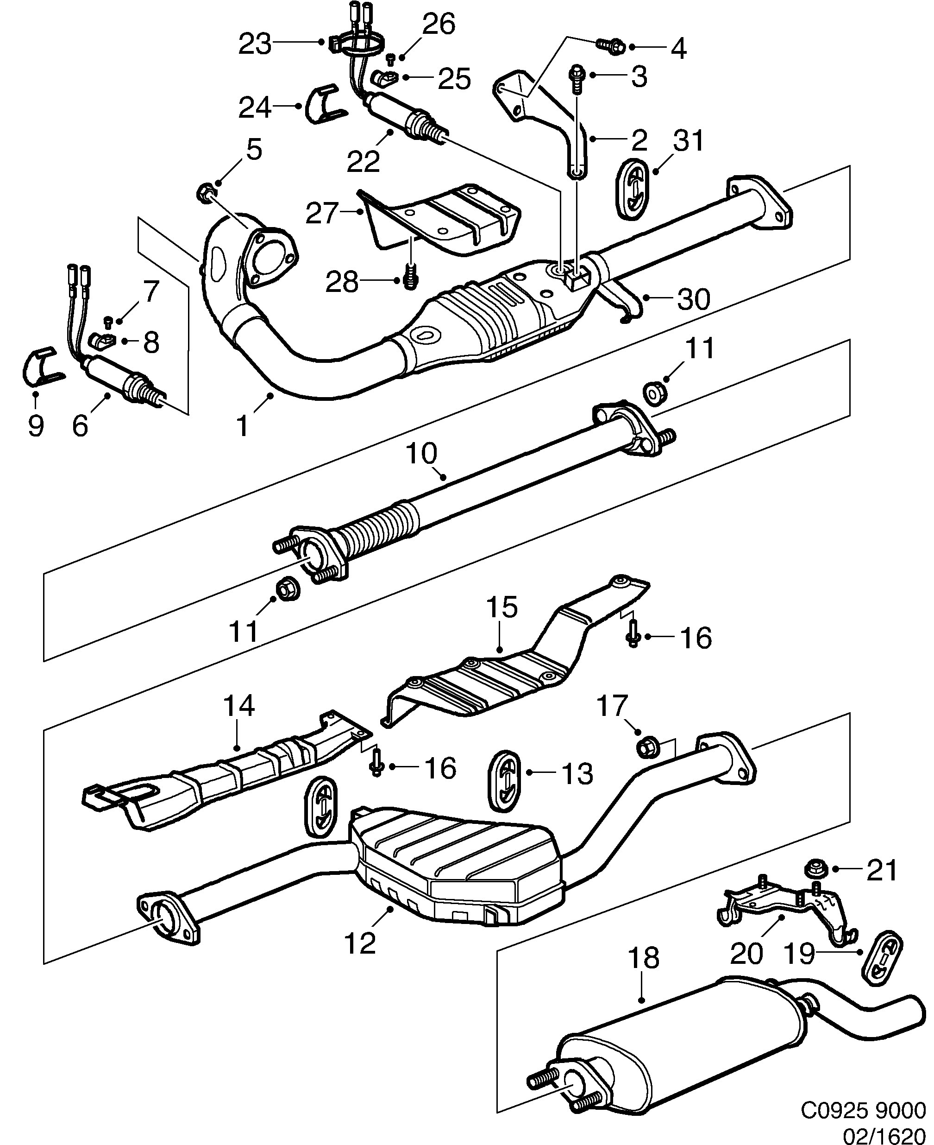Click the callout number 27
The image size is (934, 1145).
point(322,214)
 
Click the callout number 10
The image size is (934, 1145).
point(422,454)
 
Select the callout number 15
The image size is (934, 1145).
point(502,607)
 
